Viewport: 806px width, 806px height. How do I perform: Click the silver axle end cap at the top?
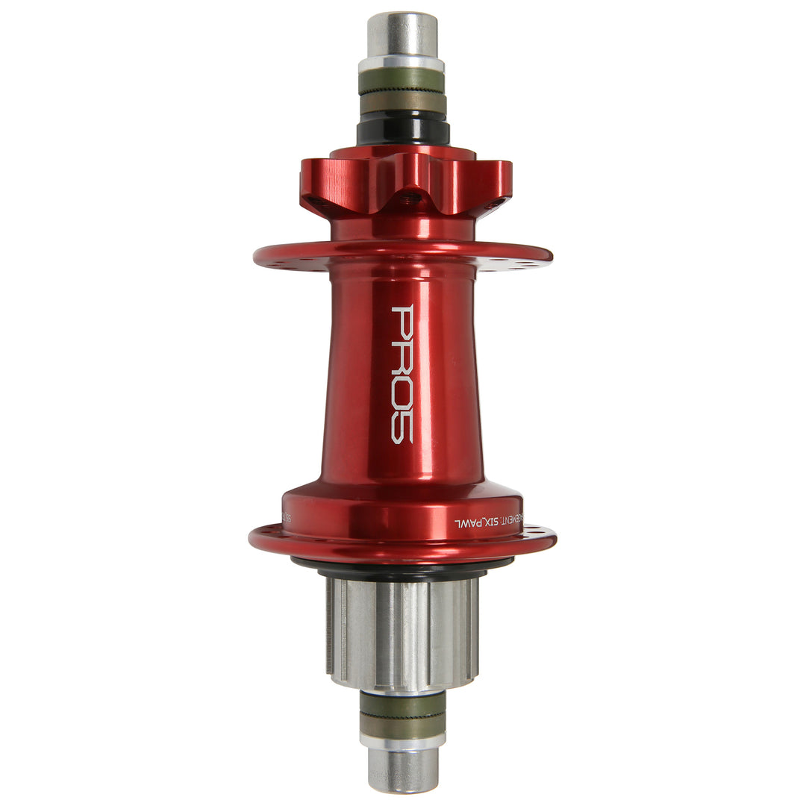[x=402, y=34]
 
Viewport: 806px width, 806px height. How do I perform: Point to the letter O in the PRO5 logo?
[x=402, y=392]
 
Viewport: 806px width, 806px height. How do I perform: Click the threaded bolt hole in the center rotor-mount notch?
[x=409, y=199]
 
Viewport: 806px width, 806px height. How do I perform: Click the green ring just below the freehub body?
[x=402, y=704]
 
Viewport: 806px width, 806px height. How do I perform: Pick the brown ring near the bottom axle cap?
[x=402, y=725]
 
